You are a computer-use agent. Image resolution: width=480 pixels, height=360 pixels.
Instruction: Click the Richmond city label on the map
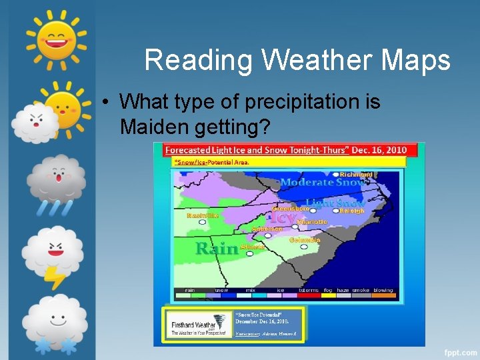click(356, 175)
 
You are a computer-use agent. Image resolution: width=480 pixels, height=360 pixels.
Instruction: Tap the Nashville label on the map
click(202, 215)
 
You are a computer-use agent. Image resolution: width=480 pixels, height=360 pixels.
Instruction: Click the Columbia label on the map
click(305, 240)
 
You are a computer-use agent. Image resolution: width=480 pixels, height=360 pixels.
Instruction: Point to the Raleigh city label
click(352, 211)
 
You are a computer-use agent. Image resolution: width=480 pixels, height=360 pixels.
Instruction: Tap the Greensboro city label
click(291, 208)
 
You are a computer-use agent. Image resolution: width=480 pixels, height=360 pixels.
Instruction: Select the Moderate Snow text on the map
click(323, 183)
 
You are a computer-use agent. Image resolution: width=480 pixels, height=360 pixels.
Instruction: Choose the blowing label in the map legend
click(383, 290)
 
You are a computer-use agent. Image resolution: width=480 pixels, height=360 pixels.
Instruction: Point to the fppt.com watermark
click(459, 351)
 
